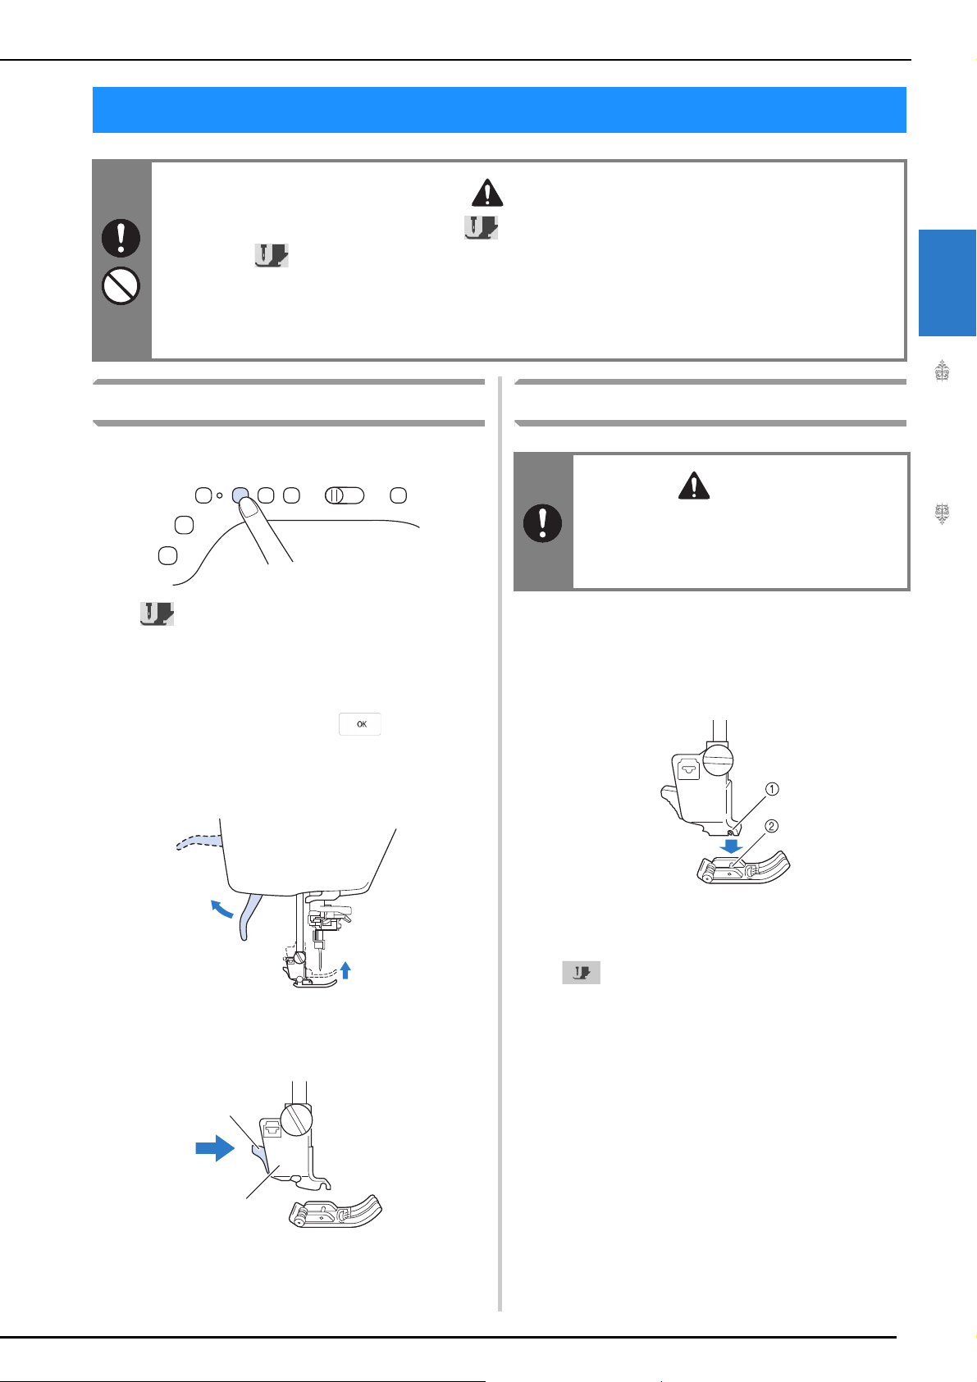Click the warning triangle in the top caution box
[487, 193]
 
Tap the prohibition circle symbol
[121, 285]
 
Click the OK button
[360, 723]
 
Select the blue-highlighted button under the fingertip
[240, 494]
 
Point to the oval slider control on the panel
[345, 495]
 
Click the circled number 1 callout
[771, 789]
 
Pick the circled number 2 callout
[771, 826]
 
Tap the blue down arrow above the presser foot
[731, 845]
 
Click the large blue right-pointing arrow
[216, 1148]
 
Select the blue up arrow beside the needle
[345, 970]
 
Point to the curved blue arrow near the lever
[221, 908]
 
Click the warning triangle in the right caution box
[694, 486]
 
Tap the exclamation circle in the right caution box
[542, 523]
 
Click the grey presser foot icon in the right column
[581, 973]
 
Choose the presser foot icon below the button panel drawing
[157, 613]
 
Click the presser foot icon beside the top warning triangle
[482, 228]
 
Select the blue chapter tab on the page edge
[947, 283]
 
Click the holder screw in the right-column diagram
[718, 759]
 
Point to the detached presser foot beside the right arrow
[336, 1211]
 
